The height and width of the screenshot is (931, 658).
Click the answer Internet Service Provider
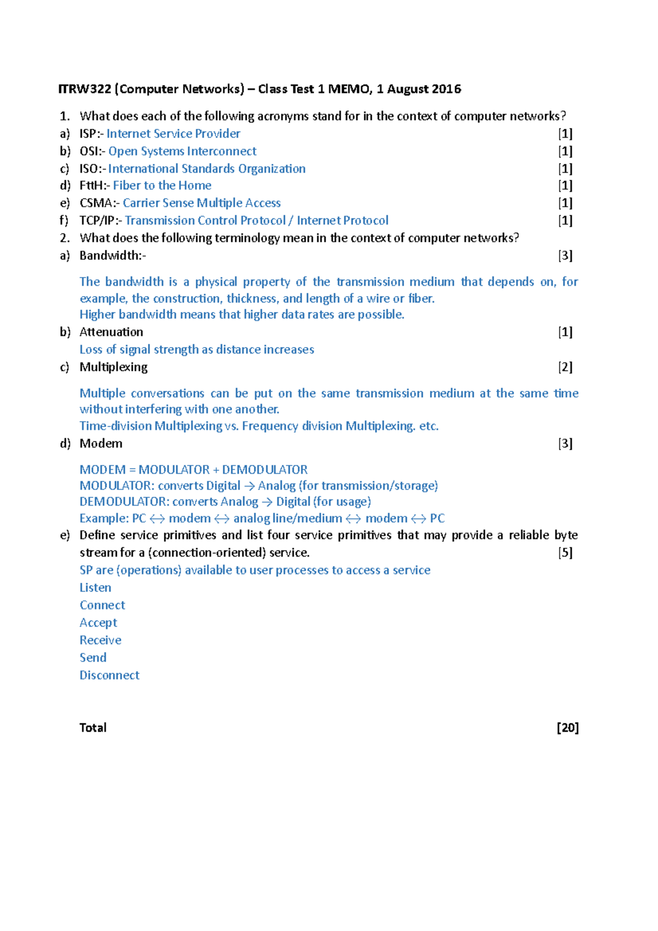pyautogui.click(x=173, y=134)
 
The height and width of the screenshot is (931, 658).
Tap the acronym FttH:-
pyautogui.click(x=94, y=186)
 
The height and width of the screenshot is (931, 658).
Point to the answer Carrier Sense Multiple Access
pyautogui.click(x=202, y=203)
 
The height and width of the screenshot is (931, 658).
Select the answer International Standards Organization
pyautogui.click(x=207, y=169)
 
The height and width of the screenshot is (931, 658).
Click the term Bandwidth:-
pyautogui.click(x=112, y=256)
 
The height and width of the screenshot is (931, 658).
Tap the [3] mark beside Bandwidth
pyautogui.click(x=565, y=256)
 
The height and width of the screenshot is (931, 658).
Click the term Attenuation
pyautogui.click(x=111, y=332)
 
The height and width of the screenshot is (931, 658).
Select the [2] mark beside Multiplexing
pyautogui.click(x=565, y=367)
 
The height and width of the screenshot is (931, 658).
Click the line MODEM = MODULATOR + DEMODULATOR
pyautogui.click(x=194, y=470)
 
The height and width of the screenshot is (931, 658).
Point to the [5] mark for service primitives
pyautogui.click(x=565, y=553)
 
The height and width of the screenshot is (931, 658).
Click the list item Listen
pyautogui.click(x=95, y=588)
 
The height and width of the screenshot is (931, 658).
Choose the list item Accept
pyautogui.click(x=98, y=623)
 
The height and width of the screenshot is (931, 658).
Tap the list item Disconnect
pyautogui.click(x=110, y=675)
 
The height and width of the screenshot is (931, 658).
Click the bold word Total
pyautogui.click(x=93, y=728)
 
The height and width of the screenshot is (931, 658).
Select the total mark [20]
pyautogui.click(x=568, y=728)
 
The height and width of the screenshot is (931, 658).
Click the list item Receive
pyautogui.click(x=100, y=640)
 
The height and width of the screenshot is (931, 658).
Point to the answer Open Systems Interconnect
pyautogui.click(x=182, y=151)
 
